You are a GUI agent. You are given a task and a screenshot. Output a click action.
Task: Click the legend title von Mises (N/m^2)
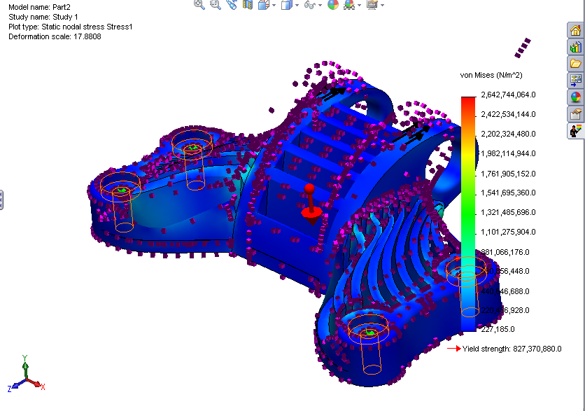click(491, 74)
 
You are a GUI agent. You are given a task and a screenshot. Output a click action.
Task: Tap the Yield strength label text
click(512, 348)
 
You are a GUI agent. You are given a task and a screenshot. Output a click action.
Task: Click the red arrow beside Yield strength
click(453, 348)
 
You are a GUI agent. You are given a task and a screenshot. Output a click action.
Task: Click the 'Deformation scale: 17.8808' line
click(55, 36)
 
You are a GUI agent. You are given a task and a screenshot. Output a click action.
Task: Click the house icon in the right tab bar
click(576, 30)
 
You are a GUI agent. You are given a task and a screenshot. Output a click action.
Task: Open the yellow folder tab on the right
click(576, 64)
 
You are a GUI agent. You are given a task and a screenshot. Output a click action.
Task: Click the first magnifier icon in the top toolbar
click(199, 5)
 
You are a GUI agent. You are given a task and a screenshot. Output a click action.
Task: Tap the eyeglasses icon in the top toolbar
click(309, 5)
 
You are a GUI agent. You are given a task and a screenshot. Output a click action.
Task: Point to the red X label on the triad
click(43, 386)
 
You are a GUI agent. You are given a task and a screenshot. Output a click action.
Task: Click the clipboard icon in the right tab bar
click(576, 113)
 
